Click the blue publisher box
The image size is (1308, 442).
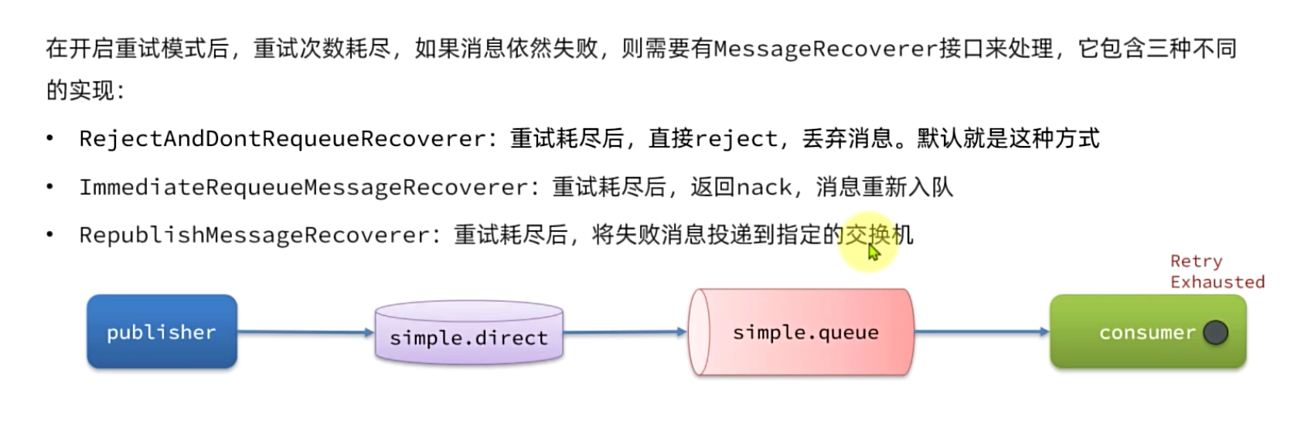click(x=162, y=331)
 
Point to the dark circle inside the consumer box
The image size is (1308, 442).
click(x=1215, y=332)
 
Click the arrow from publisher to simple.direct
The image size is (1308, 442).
click(x=305, y=332)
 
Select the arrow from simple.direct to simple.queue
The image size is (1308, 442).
click(x=625, y=332)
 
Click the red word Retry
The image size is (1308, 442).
click(x=1196, y=261)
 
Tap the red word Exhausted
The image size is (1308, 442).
click(x=1217, y=282)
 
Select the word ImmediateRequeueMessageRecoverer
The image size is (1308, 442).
click(x=304, y=187)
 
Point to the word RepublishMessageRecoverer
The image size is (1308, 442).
click(x=254, y=235)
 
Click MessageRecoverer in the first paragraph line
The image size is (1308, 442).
click(x=825, y=49)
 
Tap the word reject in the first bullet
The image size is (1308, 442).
click(x=735, y=139)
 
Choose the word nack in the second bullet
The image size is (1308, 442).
click(x=764, y=187)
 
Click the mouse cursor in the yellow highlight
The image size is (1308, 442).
click(x=874, y=252)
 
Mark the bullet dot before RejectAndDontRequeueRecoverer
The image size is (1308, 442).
click(x=50, y=139)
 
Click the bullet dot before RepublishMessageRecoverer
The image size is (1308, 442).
click(x=50, y=235)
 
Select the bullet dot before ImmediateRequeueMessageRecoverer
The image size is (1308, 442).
click(x=50, y=187)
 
